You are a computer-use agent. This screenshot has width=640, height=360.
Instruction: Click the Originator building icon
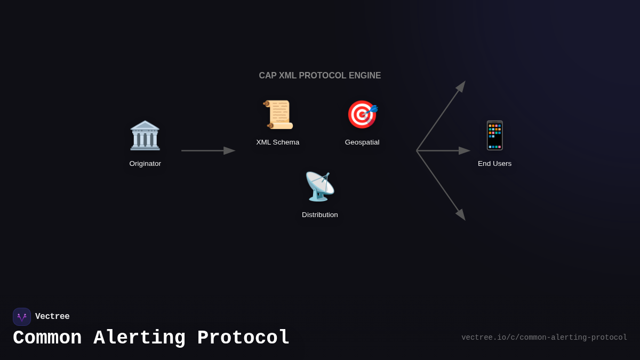pyautogui.click(x=145, y=135)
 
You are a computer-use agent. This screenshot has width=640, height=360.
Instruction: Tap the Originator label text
pyautogui.click(x=145, y=164)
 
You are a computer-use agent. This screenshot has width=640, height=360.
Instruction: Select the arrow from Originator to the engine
pyautogui.click(x=207, y=151)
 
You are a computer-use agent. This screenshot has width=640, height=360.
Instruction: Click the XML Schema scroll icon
pyautogui.click(x=278, y=115)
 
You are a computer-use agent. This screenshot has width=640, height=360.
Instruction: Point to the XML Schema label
pyautogui.click(x=278, y=142)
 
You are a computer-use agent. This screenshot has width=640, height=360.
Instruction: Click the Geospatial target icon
pyautogui.click(x=362, y=115)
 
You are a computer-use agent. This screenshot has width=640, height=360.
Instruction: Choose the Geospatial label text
pyautogui.click(x=362, y=142)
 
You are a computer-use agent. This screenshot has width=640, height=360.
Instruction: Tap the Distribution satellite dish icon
pyautogui.click(x=319, y=187)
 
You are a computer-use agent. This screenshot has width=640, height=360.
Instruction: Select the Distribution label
pyautogui.click(x=320, y=215)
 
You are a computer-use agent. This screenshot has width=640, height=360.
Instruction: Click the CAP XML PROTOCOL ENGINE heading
pyautogui.click(x=320, y=76)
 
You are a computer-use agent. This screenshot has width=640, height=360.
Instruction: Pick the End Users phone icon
pyautogui.click(x=494, y=135)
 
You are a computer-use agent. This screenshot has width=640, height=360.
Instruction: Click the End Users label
pyautogui.click(x=494, y=164)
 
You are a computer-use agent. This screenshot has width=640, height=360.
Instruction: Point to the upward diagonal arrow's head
pyautogui.click(x=461, y=86)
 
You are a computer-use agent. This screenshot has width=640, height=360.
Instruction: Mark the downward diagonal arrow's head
pyautogui.click(x=461, y=214)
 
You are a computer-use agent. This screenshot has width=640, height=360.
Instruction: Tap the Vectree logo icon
pyautogui.click(x=22, y=317)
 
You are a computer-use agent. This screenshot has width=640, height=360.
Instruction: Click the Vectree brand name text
pyautogui.click(x=52, y=317)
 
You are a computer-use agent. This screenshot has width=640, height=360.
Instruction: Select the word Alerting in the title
pyautogui.click(x=139, y=338)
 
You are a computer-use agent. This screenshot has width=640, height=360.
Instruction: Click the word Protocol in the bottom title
pyautogui.click(x=243, y=338)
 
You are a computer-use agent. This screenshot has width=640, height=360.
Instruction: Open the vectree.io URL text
pyautogui.click(x=544, y=338)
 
